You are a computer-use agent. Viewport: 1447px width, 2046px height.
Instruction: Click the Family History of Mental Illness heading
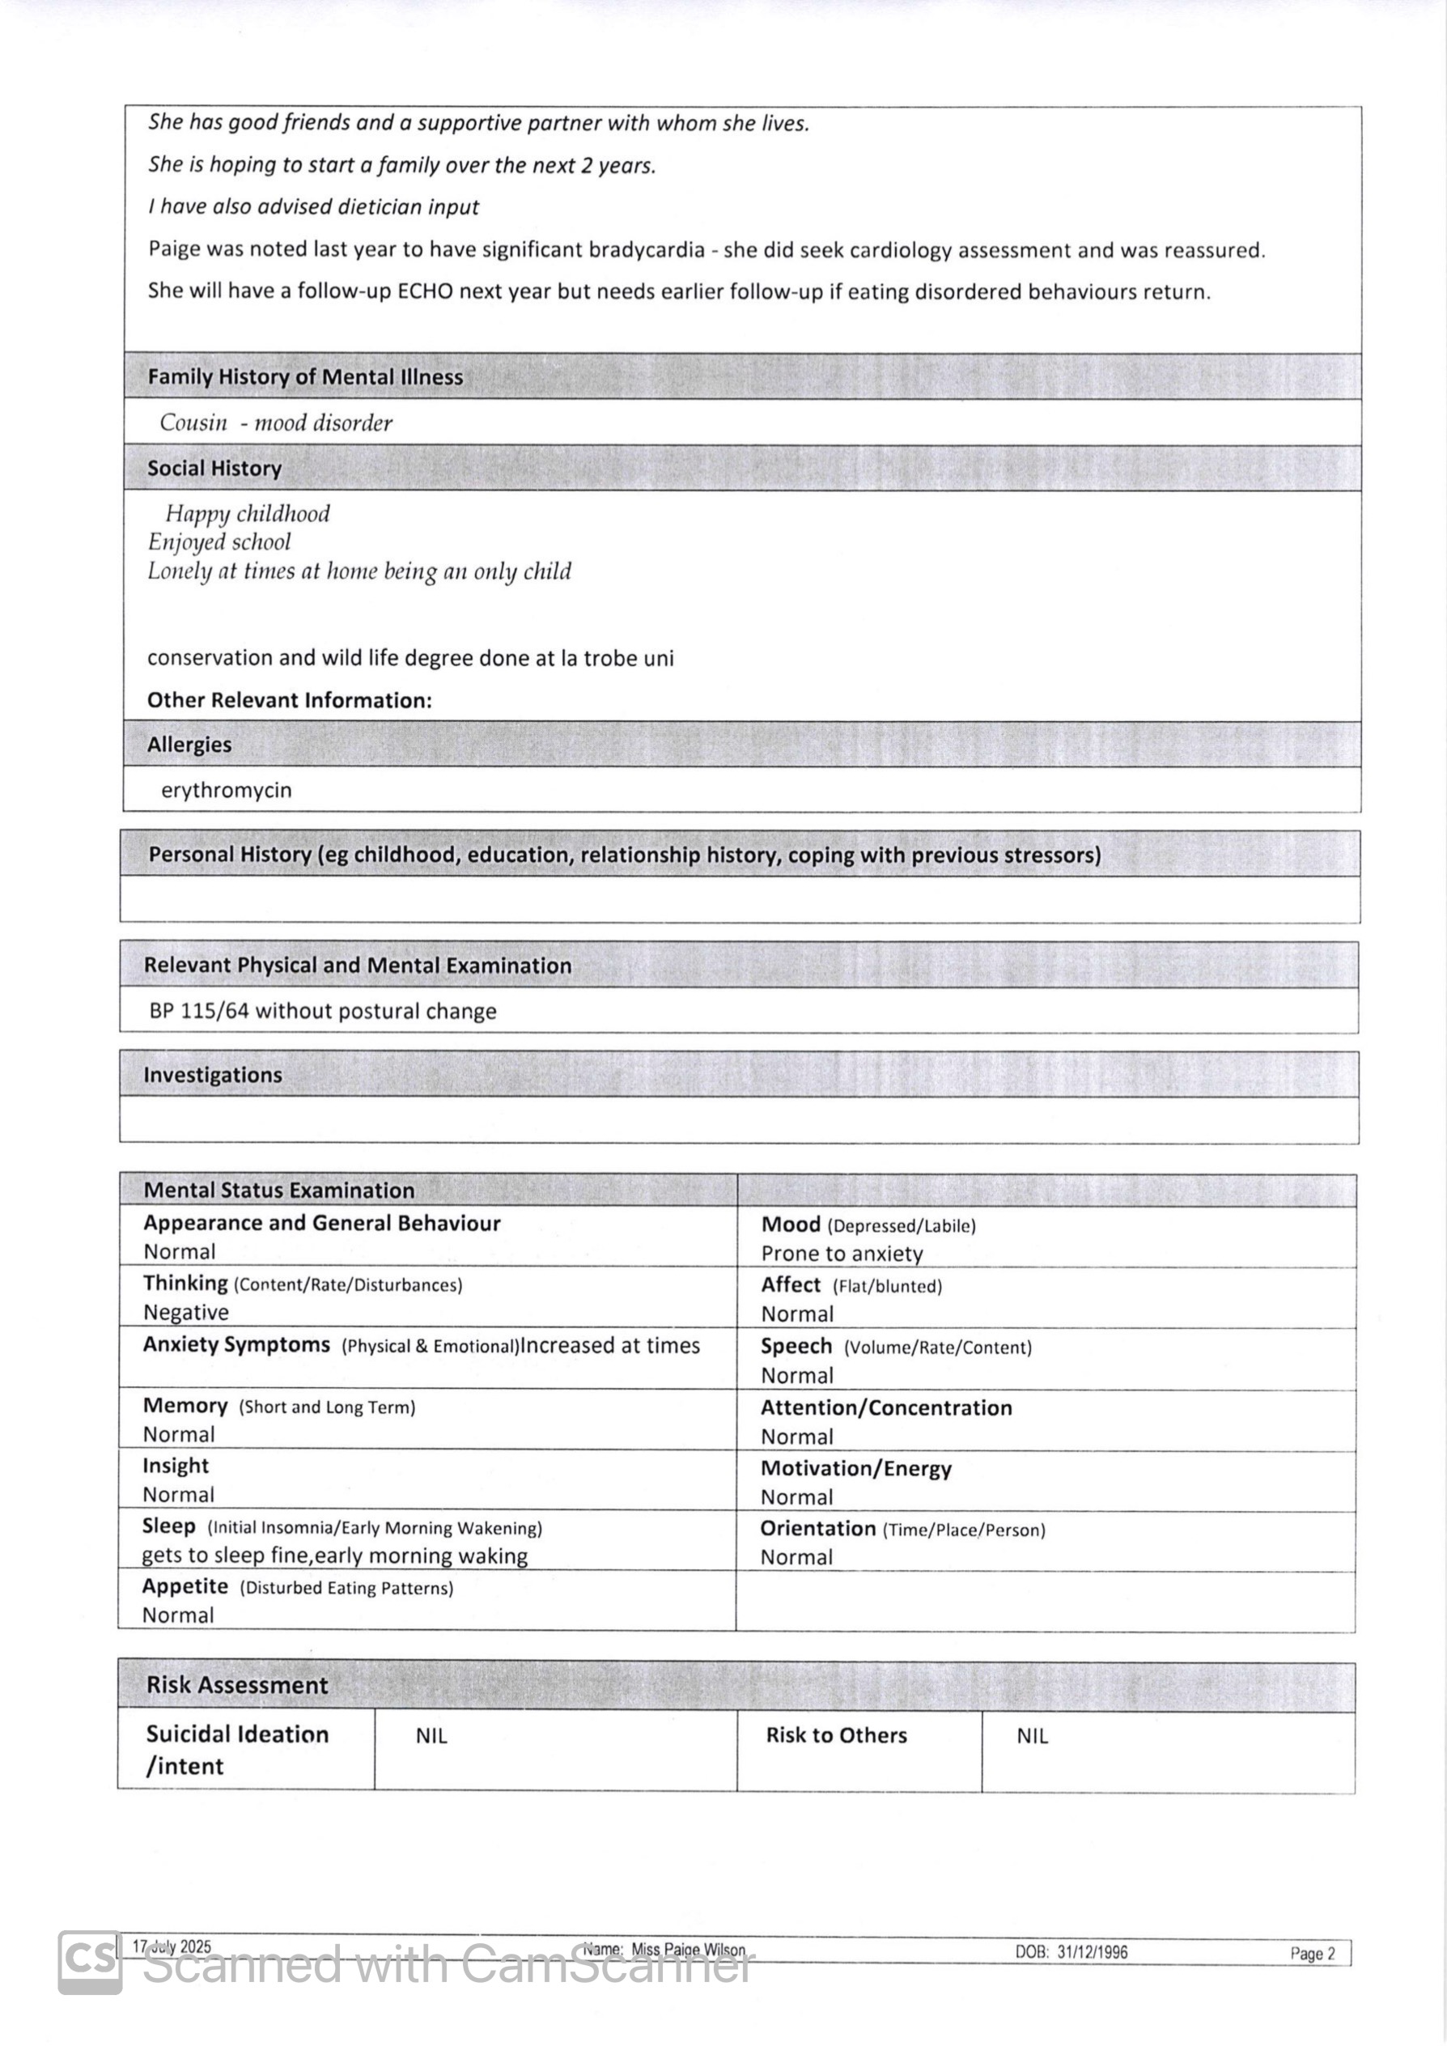tap(305, 377)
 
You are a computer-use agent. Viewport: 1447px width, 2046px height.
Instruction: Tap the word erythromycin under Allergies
tap(227, 791)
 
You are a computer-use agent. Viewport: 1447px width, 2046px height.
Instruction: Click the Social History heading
tap(214, 469)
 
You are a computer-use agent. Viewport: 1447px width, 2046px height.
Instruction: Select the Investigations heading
tap(212, 1076)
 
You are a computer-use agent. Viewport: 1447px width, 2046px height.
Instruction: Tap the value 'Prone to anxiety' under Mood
tap(841, 1254)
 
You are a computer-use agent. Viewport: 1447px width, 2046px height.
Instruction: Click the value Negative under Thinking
tap(186, 1313)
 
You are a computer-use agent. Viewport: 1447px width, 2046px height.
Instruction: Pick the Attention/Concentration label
tap(885, 1408)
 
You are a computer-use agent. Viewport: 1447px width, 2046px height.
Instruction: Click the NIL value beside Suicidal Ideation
tap(431, 1736)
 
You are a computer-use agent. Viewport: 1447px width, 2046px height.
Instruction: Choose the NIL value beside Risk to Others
tap(1032, 1736)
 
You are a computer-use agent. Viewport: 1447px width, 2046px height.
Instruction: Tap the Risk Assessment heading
tap(237, 1685)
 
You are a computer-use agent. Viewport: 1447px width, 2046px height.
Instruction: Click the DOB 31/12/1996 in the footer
tap(1071, 1952)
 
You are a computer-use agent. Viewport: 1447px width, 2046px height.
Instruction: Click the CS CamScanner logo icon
tap(89, 1961)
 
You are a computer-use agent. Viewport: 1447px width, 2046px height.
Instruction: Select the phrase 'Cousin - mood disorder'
tap(275, 422)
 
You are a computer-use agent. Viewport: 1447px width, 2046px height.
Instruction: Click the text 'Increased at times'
tap(609, 1346)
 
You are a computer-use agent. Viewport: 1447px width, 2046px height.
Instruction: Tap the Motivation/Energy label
tap(855, 1469)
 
